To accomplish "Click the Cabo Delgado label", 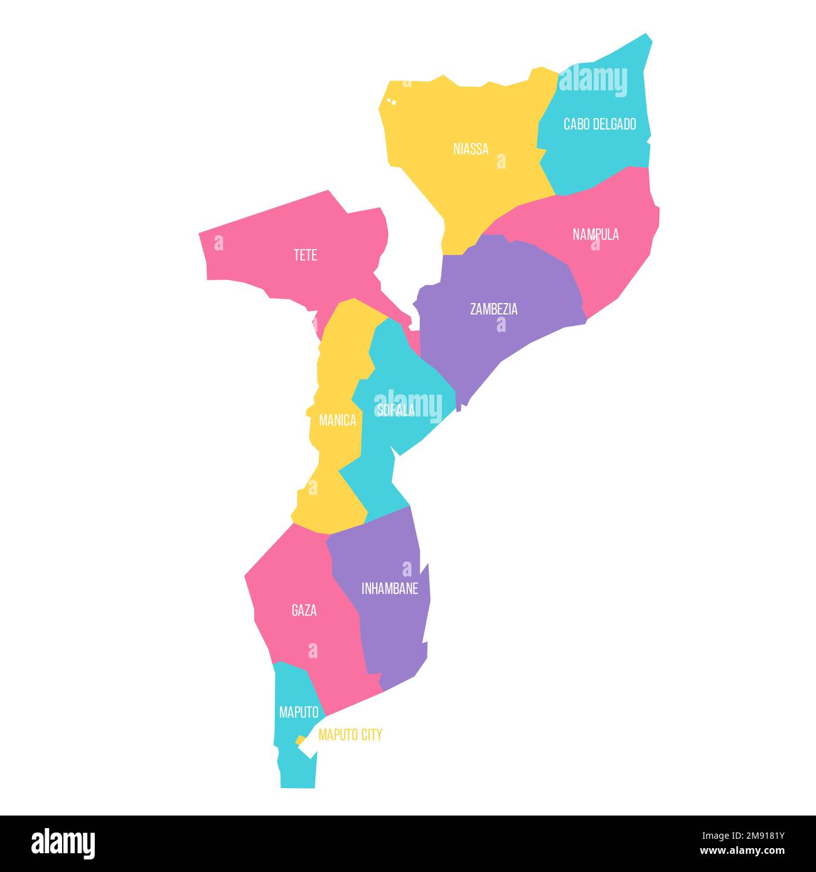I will [x=599, y=124].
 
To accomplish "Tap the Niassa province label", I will [x=471, y=149].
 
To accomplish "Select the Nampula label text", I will [x=596, y=235].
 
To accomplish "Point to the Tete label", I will [x=305, y=255].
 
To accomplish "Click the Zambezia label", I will [x=494, y=309].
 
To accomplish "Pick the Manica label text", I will [x=338, y=421].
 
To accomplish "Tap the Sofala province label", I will [x=395, y=410].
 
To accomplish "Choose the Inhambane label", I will [x=390, y=589].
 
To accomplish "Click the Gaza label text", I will [x=304, y=610].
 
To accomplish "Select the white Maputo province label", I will [x=299, y=713].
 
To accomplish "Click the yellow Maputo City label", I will [x=350, y=735].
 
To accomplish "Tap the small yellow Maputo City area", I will [x=301, y=740].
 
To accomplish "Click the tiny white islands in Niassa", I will [x=392, y=100].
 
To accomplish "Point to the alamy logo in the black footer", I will [x=63, y=843].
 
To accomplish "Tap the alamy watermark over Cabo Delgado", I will [x=593, y=82].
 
